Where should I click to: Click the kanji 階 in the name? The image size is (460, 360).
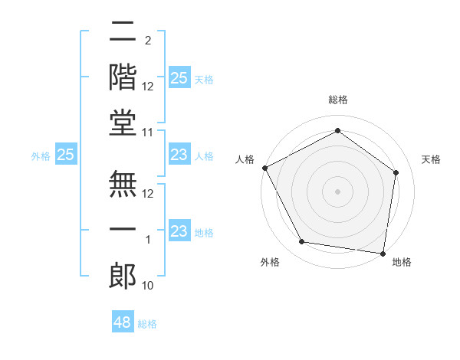[x=123, y=77]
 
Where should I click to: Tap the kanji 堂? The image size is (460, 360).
[x=123, y=123]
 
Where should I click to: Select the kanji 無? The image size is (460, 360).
[x=123, y=184]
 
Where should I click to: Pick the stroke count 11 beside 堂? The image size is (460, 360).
[x=149, y=132]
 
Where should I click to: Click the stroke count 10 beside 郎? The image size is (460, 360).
[x=149, y=285]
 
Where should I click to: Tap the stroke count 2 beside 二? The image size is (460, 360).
[x=148, y=40]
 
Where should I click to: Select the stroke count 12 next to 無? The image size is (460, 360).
[x=149, y=193]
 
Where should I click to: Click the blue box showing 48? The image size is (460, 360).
[x=123, y=322]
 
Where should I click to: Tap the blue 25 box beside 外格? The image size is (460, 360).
[x=65, y=155]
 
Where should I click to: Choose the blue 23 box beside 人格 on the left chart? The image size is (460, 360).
[x=179, y=155]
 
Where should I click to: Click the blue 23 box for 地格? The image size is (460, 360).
[x=179, y=231]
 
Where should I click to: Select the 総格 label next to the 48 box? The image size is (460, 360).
[x=147, y=324]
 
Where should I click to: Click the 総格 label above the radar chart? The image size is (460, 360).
[x=337, y=100]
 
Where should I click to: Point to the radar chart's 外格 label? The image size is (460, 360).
[x=270, y=262]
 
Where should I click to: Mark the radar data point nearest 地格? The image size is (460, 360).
[x=383, y=253]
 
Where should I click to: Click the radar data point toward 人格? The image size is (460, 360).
[x=264, y=168]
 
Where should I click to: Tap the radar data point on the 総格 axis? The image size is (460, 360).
[x=337, y=131]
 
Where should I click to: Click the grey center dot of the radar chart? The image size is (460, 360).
[x=337, y=191]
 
